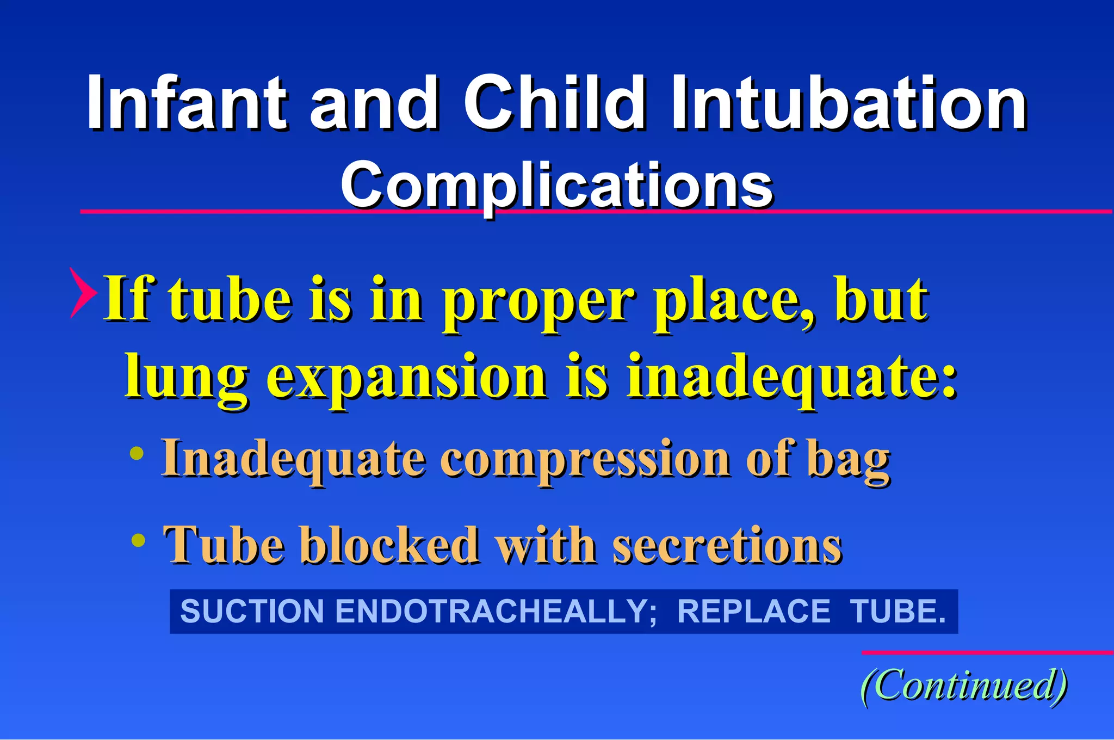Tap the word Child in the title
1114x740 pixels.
(x=555, y=103)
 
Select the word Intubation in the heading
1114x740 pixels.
(x=849, y=103)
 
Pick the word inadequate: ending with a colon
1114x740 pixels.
(x=791, y=377)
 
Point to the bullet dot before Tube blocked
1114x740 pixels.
(x=139, y=540)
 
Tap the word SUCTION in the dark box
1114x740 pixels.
(x=252, y=611)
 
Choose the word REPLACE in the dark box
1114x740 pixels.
(x=753, y=611)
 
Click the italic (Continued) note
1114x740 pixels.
(x=964, y=686)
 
